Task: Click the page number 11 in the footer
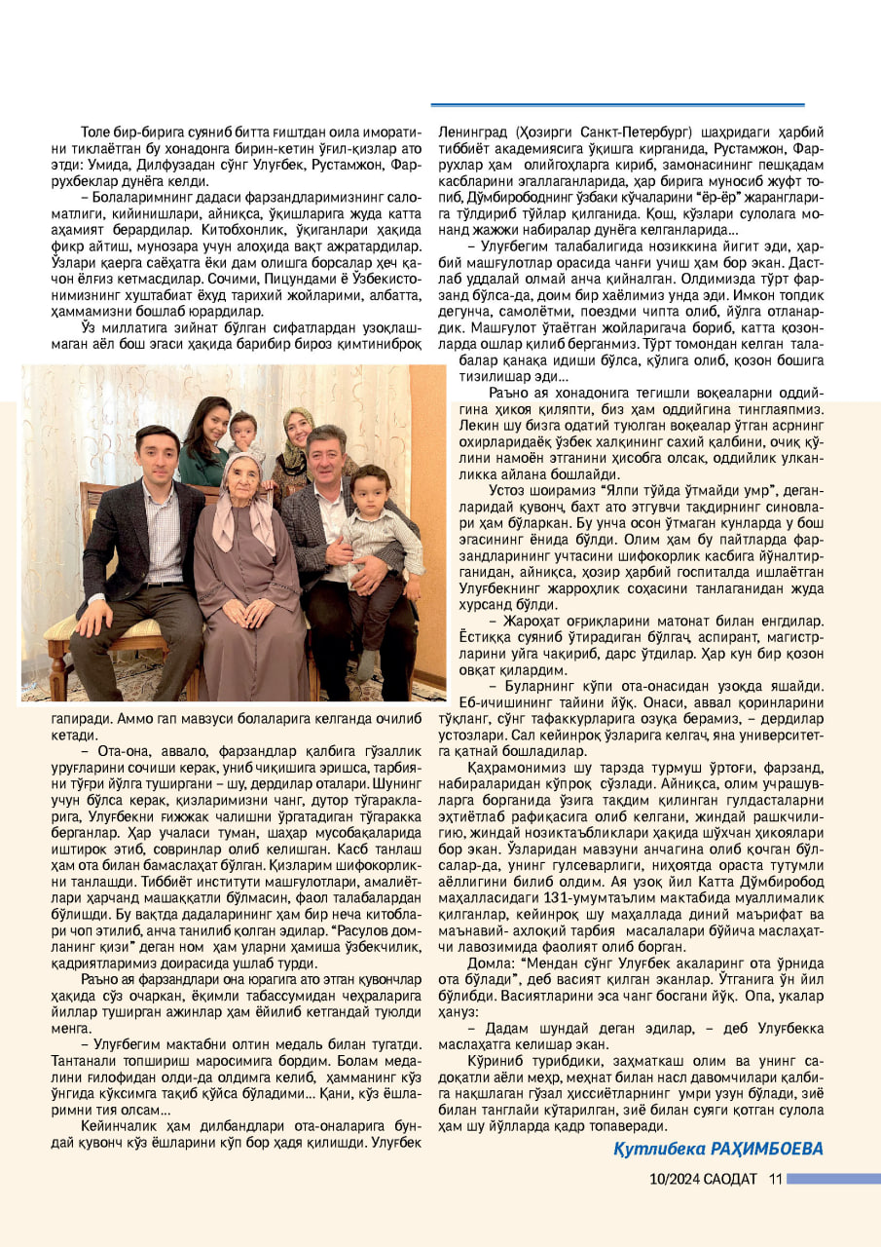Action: [x=776, y=1179]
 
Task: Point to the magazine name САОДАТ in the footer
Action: [x=731, y=1179]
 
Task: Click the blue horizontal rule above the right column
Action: [x=618, y=104]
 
